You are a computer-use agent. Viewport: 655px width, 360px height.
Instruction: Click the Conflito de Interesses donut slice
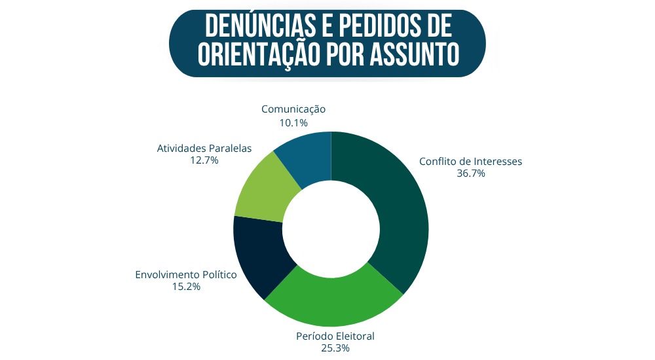point(393,209)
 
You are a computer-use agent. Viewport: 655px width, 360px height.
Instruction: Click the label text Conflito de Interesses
point(470,162)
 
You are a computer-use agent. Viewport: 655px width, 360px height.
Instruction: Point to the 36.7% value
point(470,173)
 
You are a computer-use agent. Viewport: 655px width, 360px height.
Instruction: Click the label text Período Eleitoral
point(335,336)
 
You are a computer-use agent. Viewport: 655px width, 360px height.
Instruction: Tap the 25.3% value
point(335,348)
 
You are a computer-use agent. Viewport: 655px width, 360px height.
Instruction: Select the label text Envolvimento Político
point(185,275)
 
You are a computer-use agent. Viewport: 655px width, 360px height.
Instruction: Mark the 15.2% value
point(185,287)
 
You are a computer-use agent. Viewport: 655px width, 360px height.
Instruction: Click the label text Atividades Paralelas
point(204,148)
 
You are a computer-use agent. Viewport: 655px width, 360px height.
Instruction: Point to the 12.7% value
point(204,160)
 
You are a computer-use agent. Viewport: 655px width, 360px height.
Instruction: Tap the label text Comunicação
point(293,109)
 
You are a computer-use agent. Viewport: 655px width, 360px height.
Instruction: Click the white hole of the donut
point(331,228)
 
